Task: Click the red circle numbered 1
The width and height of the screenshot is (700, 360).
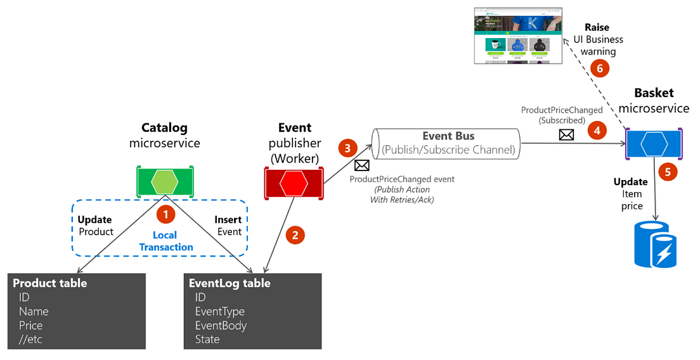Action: coord(165,214)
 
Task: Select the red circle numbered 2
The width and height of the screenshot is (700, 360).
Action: coord(294,235)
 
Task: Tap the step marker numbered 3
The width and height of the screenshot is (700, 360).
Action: coord(347,149)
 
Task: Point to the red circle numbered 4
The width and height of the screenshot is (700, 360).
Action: coord(596,131)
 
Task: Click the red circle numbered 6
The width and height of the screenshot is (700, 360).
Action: coord(597,68)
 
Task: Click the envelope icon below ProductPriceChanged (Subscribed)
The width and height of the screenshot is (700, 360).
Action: coord(566,134)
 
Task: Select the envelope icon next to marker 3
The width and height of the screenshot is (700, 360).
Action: coord(361,165)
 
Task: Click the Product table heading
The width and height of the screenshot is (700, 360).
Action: coord(50,283)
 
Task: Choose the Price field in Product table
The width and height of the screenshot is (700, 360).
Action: coord(30,325)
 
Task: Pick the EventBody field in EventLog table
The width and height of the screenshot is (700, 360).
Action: coord(221,325)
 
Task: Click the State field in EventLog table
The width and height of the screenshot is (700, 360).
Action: coord(207,339)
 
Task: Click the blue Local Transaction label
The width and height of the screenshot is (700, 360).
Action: coord(165,241)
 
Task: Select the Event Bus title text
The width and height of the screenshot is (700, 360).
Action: coord(448,136)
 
